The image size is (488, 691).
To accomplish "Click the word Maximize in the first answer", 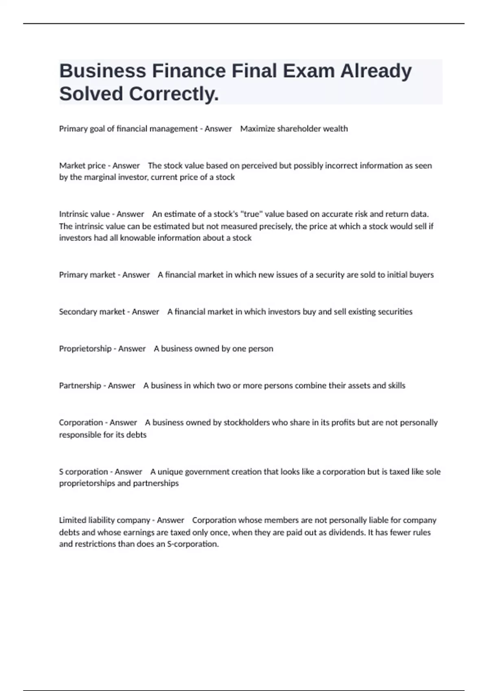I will (257, 129).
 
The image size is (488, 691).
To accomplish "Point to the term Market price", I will (82, 166).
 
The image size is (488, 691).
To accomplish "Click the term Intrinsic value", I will (84, 214).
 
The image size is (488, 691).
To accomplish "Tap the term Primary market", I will (87, 275).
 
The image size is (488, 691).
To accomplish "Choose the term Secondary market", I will (92, 312).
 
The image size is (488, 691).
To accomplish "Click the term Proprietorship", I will (85, 349).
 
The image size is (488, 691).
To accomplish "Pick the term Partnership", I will (80, 386).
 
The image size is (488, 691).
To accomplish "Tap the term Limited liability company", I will (105, 520).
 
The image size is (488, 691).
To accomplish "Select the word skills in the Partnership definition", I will (396, 386).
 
